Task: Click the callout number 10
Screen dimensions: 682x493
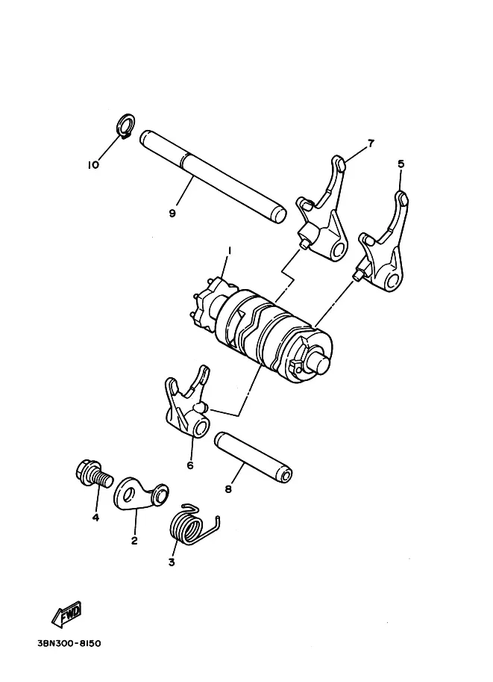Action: [x=92, y=165]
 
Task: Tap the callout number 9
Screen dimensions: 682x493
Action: [x=172, y=213]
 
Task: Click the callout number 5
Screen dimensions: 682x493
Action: [x=401, y=163]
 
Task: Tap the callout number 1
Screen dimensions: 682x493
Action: [x=230, y=250]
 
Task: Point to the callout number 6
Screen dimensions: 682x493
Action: [x=189, y=465]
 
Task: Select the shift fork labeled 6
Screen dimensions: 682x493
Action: [x=186, y=407]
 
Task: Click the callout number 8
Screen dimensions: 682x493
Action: [x=228, y=489]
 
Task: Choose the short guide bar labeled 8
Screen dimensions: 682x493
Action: [x=254, y=455]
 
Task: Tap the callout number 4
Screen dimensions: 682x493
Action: [x=95, y=516]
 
